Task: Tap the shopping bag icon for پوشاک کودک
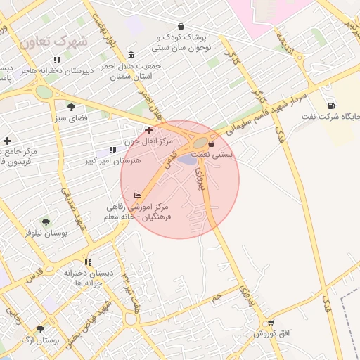coord(181,26)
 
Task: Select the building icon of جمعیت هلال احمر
coord(131,56)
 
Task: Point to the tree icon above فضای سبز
coord(71,107)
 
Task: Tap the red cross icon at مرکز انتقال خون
coord(148,130)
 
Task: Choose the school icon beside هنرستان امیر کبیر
coord(112,150)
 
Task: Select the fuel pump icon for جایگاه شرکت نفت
coord(330,105)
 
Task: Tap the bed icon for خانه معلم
coord(136,195)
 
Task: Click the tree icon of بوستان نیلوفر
coord(46,222)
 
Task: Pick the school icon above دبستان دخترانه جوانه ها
coord(87,262)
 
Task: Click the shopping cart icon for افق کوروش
coord(270,323)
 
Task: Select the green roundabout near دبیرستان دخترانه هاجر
coord(44,91)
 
